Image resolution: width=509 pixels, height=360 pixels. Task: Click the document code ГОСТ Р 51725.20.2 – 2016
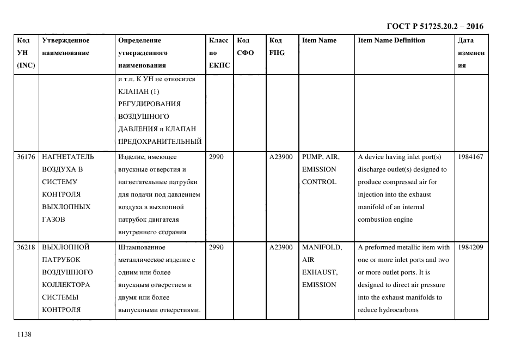pyautogui.click(x=434, y=26)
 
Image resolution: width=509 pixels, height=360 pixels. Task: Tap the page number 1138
pyautogui.click(x=25, y=334)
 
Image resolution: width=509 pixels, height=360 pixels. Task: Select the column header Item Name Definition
pyautogui.click(x=391, y=40)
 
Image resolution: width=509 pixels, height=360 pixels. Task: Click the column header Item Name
pyautogui.click(x=319, y=40)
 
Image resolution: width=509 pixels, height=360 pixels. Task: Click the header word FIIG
pyautogui.click(x=277, y=53)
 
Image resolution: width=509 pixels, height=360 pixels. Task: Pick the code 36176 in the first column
pyautogui.click(x=26, y=157)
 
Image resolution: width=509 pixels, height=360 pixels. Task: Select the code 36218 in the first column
pyautogui.click(x=26, y=247)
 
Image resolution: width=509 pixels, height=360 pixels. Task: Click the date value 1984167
pyautogui.click(x=470, y=157)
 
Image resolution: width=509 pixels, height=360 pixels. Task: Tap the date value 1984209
pyautogui.click(x=470, y=247)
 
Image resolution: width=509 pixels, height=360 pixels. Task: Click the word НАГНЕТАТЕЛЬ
pyautogui.click(x=68, y=157)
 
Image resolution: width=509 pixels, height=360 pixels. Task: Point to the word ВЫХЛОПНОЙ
pyautogui.click(x=66, y=247)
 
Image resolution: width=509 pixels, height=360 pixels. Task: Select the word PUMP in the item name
pyautogui.click(x=312, y=157)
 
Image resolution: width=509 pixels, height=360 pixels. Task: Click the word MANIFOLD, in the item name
pyautogui.click(x=322, y=247)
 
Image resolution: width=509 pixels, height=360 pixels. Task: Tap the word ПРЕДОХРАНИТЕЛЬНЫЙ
pyautogui.click(x=160, y=142)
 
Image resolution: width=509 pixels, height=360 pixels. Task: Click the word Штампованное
pyautogui.click(x=139, y=247)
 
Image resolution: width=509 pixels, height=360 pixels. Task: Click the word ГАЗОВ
pyautogui.click(x=53, y=220)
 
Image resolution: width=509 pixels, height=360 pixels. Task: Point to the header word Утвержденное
pyautogui.click(x=65, y=40)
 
